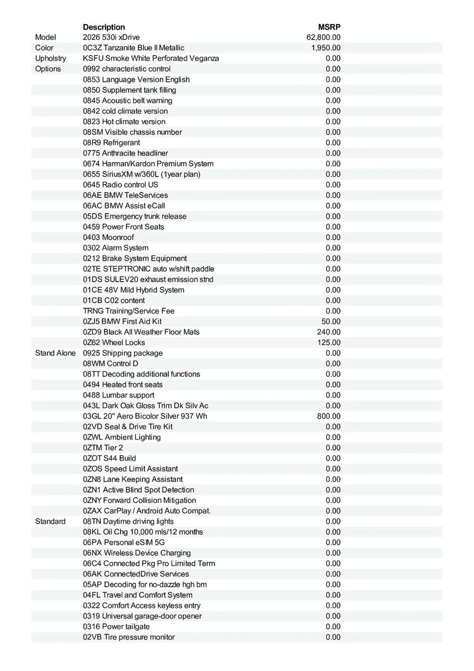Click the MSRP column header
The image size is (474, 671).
329,27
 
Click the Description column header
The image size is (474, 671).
104,27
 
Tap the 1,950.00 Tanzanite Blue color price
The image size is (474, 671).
326,48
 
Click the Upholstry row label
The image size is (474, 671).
50,58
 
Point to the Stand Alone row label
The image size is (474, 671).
55,353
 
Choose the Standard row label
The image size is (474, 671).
50,521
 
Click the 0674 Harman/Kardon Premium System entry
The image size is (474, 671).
148,164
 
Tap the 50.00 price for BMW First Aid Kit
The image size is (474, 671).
331,322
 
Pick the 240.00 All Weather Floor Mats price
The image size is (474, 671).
329,332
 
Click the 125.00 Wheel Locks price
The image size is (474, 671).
329,342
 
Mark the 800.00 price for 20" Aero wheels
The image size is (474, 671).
329,416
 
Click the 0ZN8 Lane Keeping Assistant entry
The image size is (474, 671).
133,479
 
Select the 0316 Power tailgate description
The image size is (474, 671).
116,626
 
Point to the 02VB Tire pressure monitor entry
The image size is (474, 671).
129,637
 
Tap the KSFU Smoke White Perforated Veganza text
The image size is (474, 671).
151,58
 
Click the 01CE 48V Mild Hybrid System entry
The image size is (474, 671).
134,290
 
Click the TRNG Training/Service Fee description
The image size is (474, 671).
130,311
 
